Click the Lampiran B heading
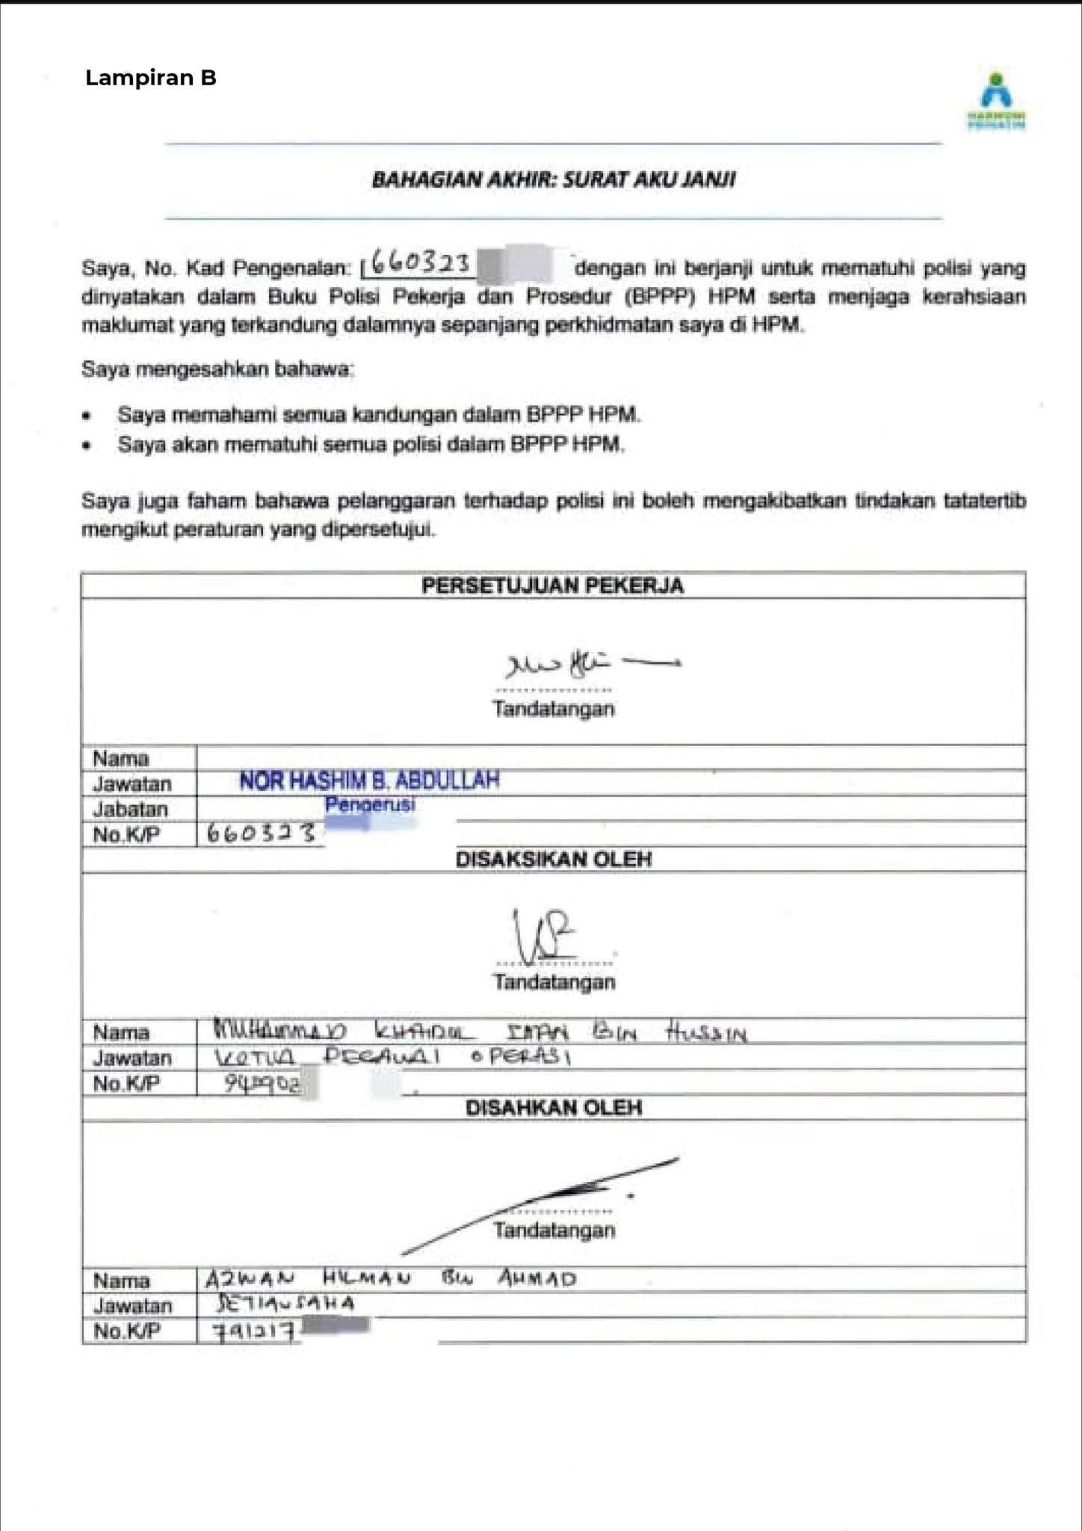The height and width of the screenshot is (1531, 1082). tap(151, 78)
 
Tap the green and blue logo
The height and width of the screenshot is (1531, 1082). tap(997, 101)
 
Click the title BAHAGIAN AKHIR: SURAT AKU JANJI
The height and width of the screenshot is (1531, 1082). tap(553, 180)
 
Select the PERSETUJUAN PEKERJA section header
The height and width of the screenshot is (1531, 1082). tap(552, 585)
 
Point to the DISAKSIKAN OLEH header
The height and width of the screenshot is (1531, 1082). tap(553, 860)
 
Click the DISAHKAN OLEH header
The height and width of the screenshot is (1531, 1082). tap(553, 1108)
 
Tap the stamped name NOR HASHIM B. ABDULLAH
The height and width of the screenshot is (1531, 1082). tap(369, 781)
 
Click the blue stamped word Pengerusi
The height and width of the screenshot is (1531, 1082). tap(370, 805)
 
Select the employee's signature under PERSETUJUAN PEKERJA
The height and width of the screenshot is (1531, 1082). tap(590, 662)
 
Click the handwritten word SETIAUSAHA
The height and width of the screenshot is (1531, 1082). tap(285, 1304)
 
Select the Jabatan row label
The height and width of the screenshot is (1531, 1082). tap(131, 810)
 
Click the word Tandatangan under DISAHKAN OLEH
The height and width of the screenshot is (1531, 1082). tap(554, 1230)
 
